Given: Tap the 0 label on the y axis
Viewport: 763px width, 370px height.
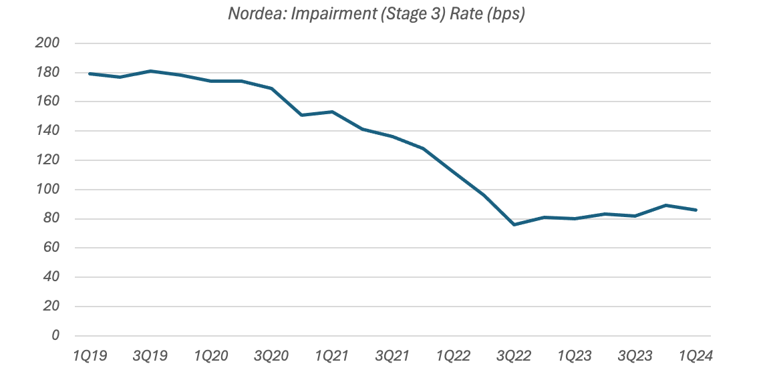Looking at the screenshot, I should [55, 335].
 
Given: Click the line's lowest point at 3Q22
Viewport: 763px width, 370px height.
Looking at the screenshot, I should [514, 224].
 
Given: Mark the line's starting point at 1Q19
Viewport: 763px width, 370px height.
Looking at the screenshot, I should [89, 73].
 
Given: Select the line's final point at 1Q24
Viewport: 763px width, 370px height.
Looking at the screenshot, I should [697, 210].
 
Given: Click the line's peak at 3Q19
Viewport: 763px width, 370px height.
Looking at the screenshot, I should [150, 71].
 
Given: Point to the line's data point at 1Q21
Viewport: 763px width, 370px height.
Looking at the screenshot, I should [332, 112].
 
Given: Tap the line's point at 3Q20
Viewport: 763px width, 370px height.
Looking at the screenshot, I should [271, 88].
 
